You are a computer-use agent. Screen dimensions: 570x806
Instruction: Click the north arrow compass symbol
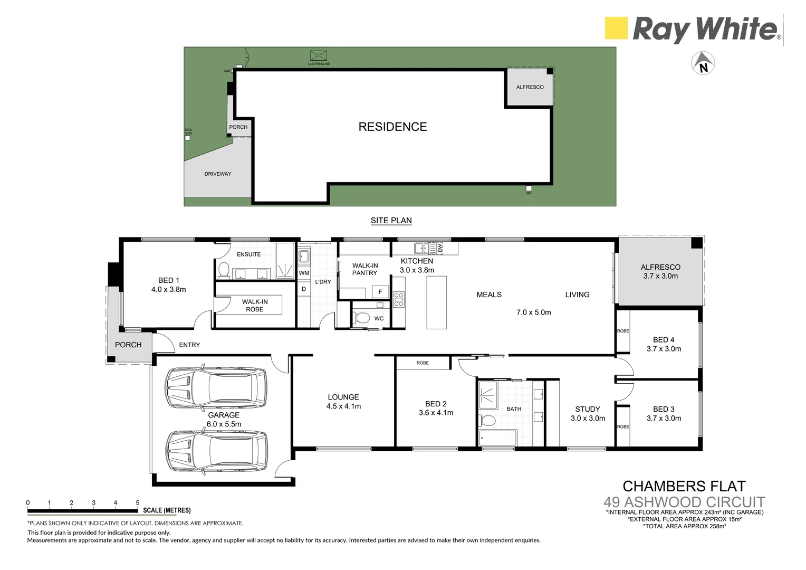pyautogui.click(x=703, y=63)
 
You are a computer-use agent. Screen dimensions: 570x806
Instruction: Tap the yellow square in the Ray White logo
pyautogui.click(x=616, y=28)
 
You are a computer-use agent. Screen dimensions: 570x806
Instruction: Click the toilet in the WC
pyautogui.click(x=362, y=318)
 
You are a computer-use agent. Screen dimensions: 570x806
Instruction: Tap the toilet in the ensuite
pyautogui.click(x=223, y=270)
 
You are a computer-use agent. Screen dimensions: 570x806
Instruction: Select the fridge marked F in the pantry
pyautogui.click(x=380, y=291)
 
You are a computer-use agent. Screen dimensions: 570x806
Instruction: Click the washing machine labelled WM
pyautogui.click(x=304, y=273)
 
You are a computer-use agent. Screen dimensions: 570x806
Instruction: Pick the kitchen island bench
pyautogui.click(x=436, y=302)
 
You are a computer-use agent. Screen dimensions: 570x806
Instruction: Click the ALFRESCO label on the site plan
pyautogui.click(x=530, y=87)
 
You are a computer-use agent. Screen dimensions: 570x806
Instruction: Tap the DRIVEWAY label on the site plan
pyautogui.click(x=218, y=174)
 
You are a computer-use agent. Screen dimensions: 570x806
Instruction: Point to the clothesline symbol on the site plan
pyautogui.click(x=318, y=56)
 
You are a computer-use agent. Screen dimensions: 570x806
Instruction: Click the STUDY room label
pyautogui.click(x=588, y=409)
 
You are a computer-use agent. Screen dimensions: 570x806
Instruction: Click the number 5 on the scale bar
pyautogui.click(x=138, y=502)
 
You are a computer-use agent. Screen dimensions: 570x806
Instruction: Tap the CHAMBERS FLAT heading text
pyautogui.click(x=684, y=486)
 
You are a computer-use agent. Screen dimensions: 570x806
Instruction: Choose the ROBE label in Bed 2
pyautogui.click(x=423, y=363)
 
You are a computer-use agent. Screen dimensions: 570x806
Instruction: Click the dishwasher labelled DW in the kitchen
pyautogui.click(x=440, y=248)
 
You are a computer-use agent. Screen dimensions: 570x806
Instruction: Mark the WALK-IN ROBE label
pyautogui.click(x=255, y=305)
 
